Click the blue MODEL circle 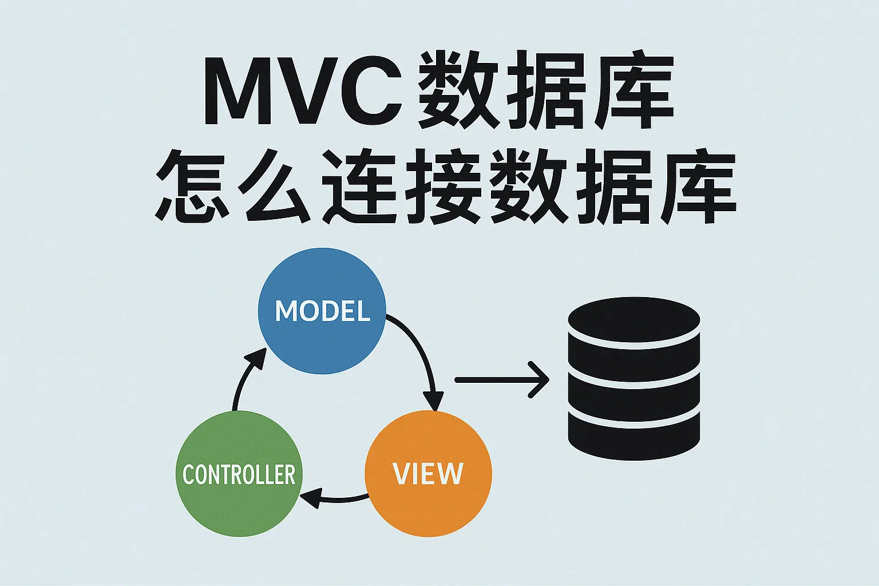coord(322,311)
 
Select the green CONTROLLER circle coord(239,473)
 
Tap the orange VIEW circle coord(428,473)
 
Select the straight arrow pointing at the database coord(502,380)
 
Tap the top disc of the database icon coord(633,320)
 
